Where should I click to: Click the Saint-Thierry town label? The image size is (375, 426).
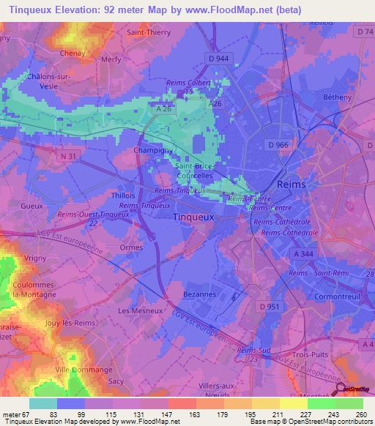pyautogui.click(x=149, y=32)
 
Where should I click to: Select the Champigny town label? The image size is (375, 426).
pyautogui.click(x=152, y=151)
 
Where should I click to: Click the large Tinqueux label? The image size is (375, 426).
pyautogui.click(x=193, y=217)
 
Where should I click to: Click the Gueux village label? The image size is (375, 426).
pyautogui.click(x=34, y=207)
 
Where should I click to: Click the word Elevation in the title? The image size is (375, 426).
pyautogui.click(x=78, y=10)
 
